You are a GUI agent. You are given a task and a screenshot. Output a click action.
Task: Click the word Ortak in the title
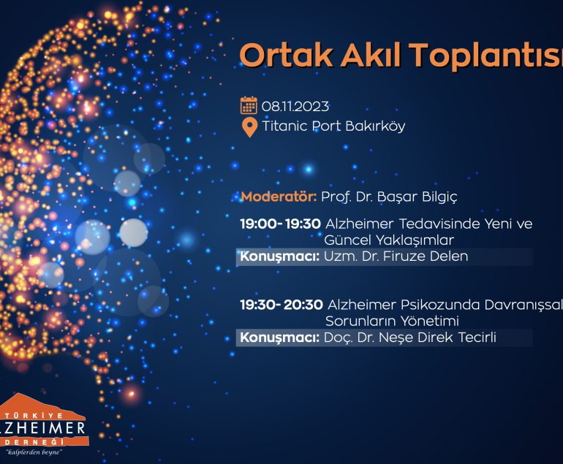[x=286, y=55]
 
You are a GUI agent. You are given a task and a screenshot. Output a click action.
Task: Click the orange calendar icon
[x=249, y=105]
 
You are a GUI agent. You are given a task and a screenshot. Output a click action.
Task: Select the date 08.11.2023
[x=295, y=107]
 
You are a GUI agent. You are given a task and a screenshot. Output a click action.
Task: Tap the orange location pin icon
[x=249, y=127]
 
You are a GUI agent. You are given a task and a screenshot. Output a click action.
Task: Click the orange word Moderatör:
[x=279, y=197]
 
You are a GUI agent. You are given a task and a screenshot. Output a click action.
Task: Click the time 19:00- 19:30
[x=281, y=224]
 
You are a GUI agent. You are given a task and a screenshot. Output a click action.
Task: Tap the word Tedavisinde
[x=439, y=224]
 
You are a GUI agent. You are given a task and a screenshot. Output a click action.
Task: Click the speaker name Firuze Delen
[x=426, y=256]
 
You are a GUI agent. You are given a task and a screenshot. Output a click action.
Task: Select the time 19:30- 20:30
[x=281, y=305]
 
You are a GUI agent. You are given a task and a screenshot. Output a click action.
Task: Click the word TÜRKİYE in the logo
[x=34, y=416]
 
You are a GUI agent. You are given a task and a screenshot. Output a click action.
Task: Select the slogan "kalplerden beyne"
[x=34, y=452]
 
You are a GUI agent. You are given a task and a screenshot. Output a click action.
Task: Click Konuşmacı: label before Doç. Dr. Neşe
[x=280, y=338]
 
